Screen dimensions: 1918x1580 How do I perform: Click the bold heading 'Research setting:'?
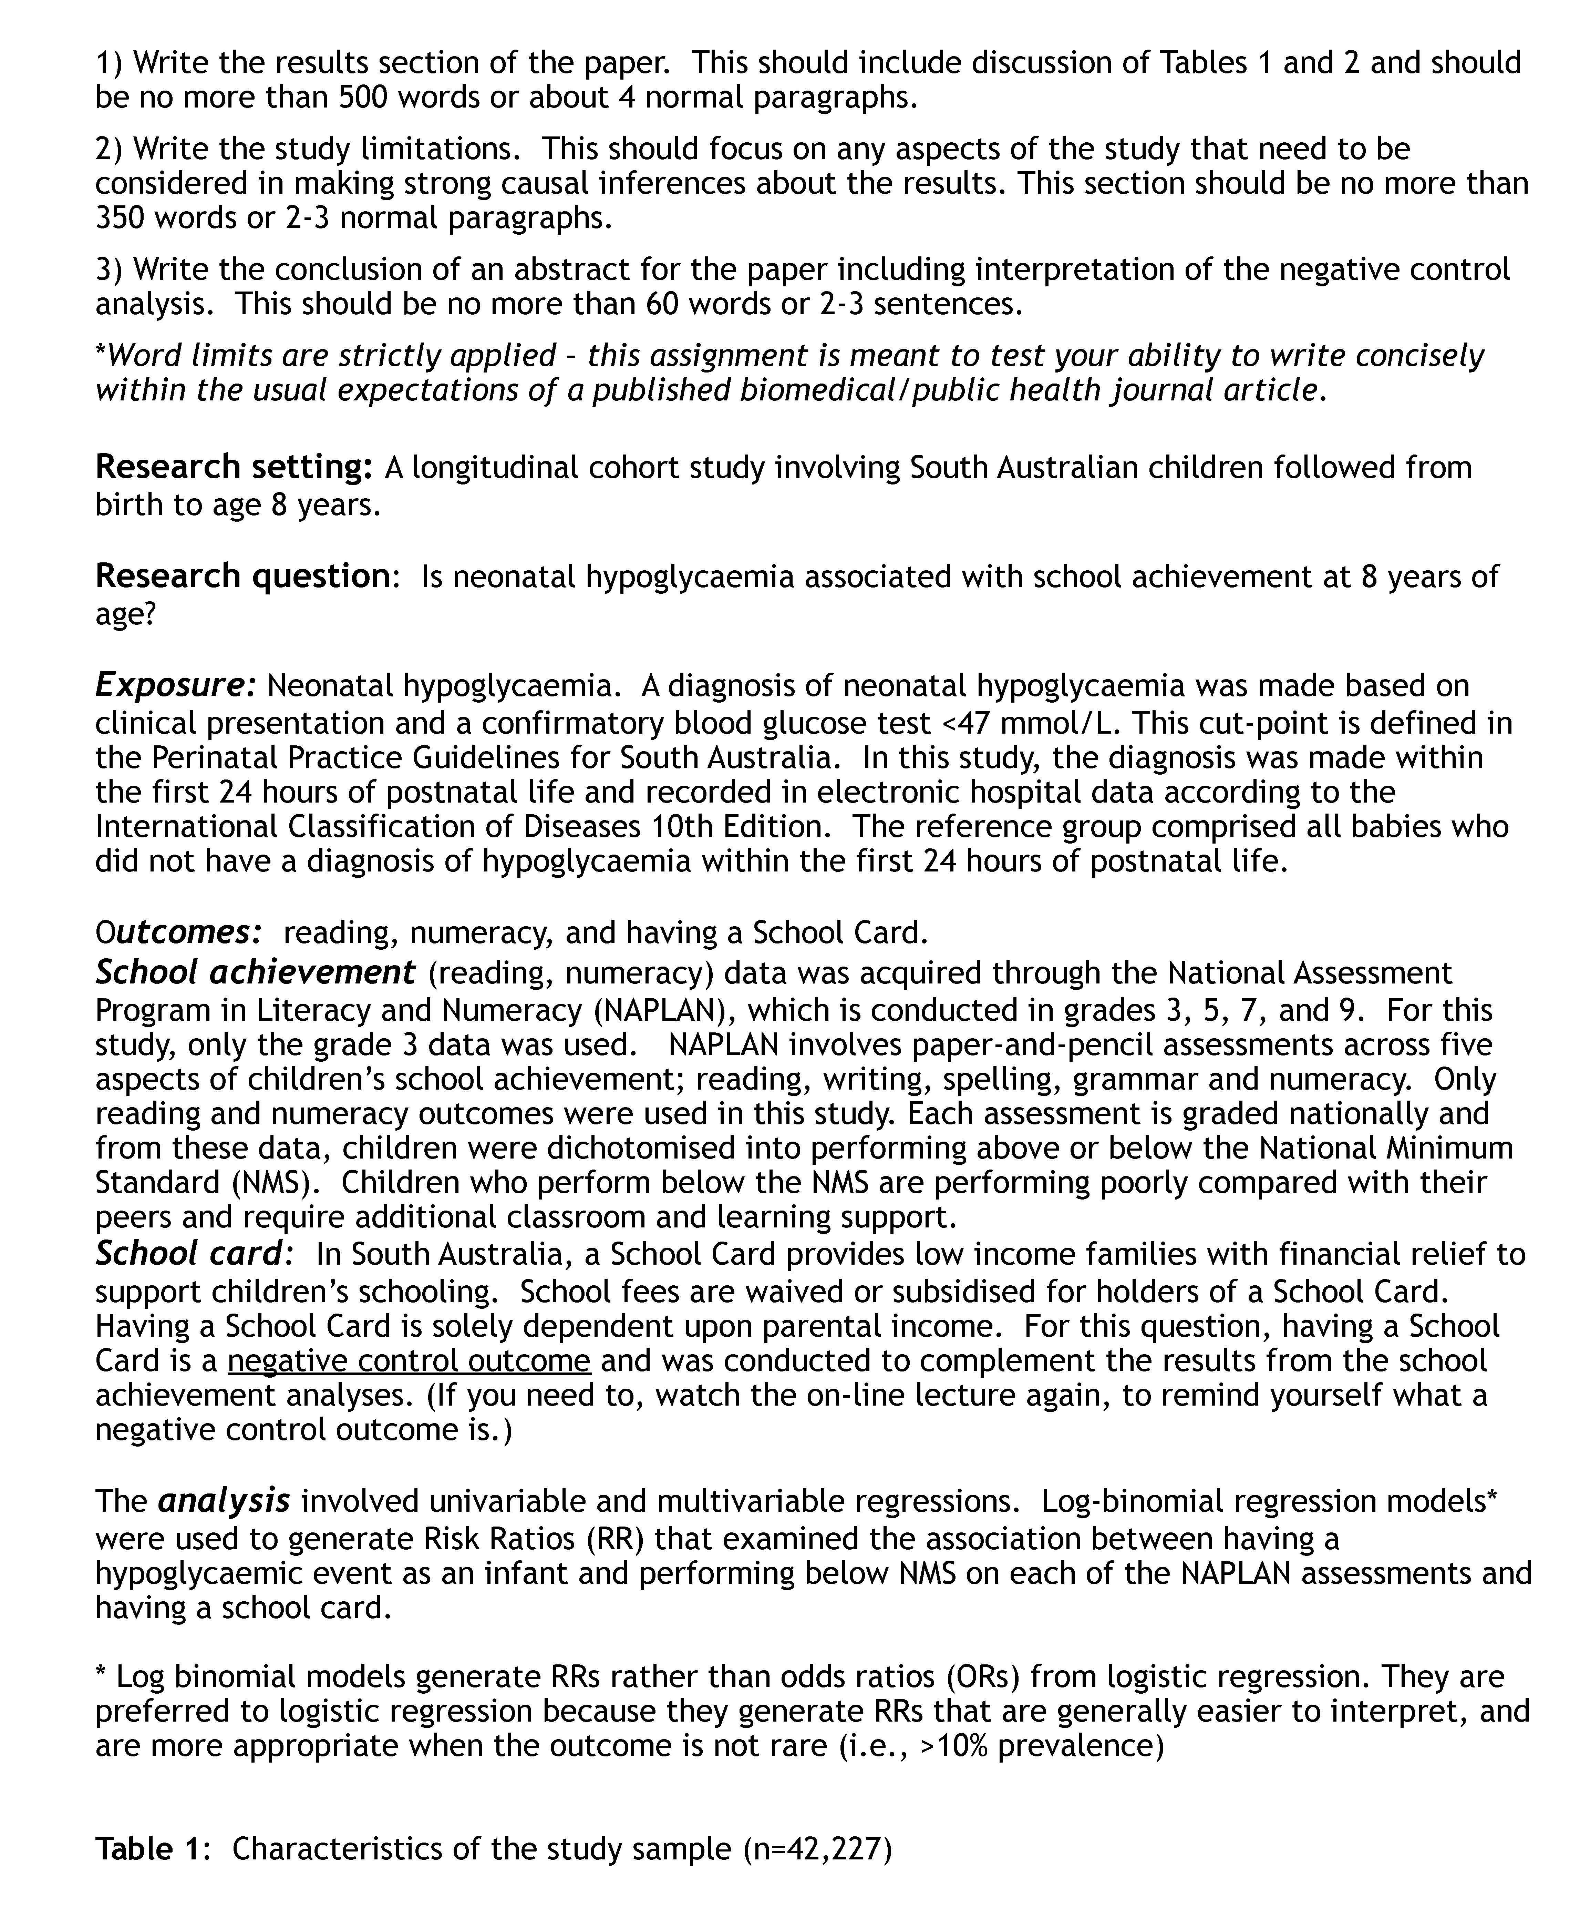pyautogui.click(x=233, y=467)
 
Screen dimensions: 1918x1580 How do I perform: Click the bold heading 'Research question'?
pyautogui.click(x=242, y=576)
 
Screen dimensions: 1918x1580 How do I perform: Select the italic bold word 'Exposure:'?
pyautogui.click(x=176, y=685)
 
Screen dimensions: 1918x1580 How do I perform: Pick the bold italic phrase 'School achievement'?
pyautogui.click(x=255, y=973)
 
